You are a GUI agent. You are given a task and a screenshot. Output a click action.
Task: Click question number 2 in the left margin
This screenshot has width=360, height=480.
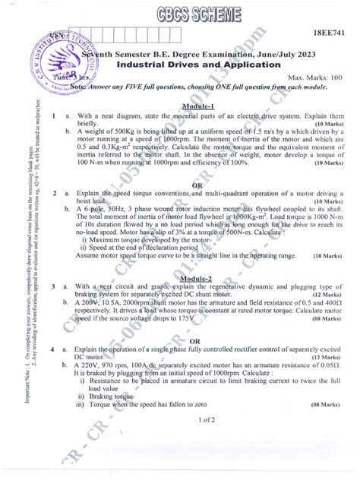[x=46, y=194]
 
